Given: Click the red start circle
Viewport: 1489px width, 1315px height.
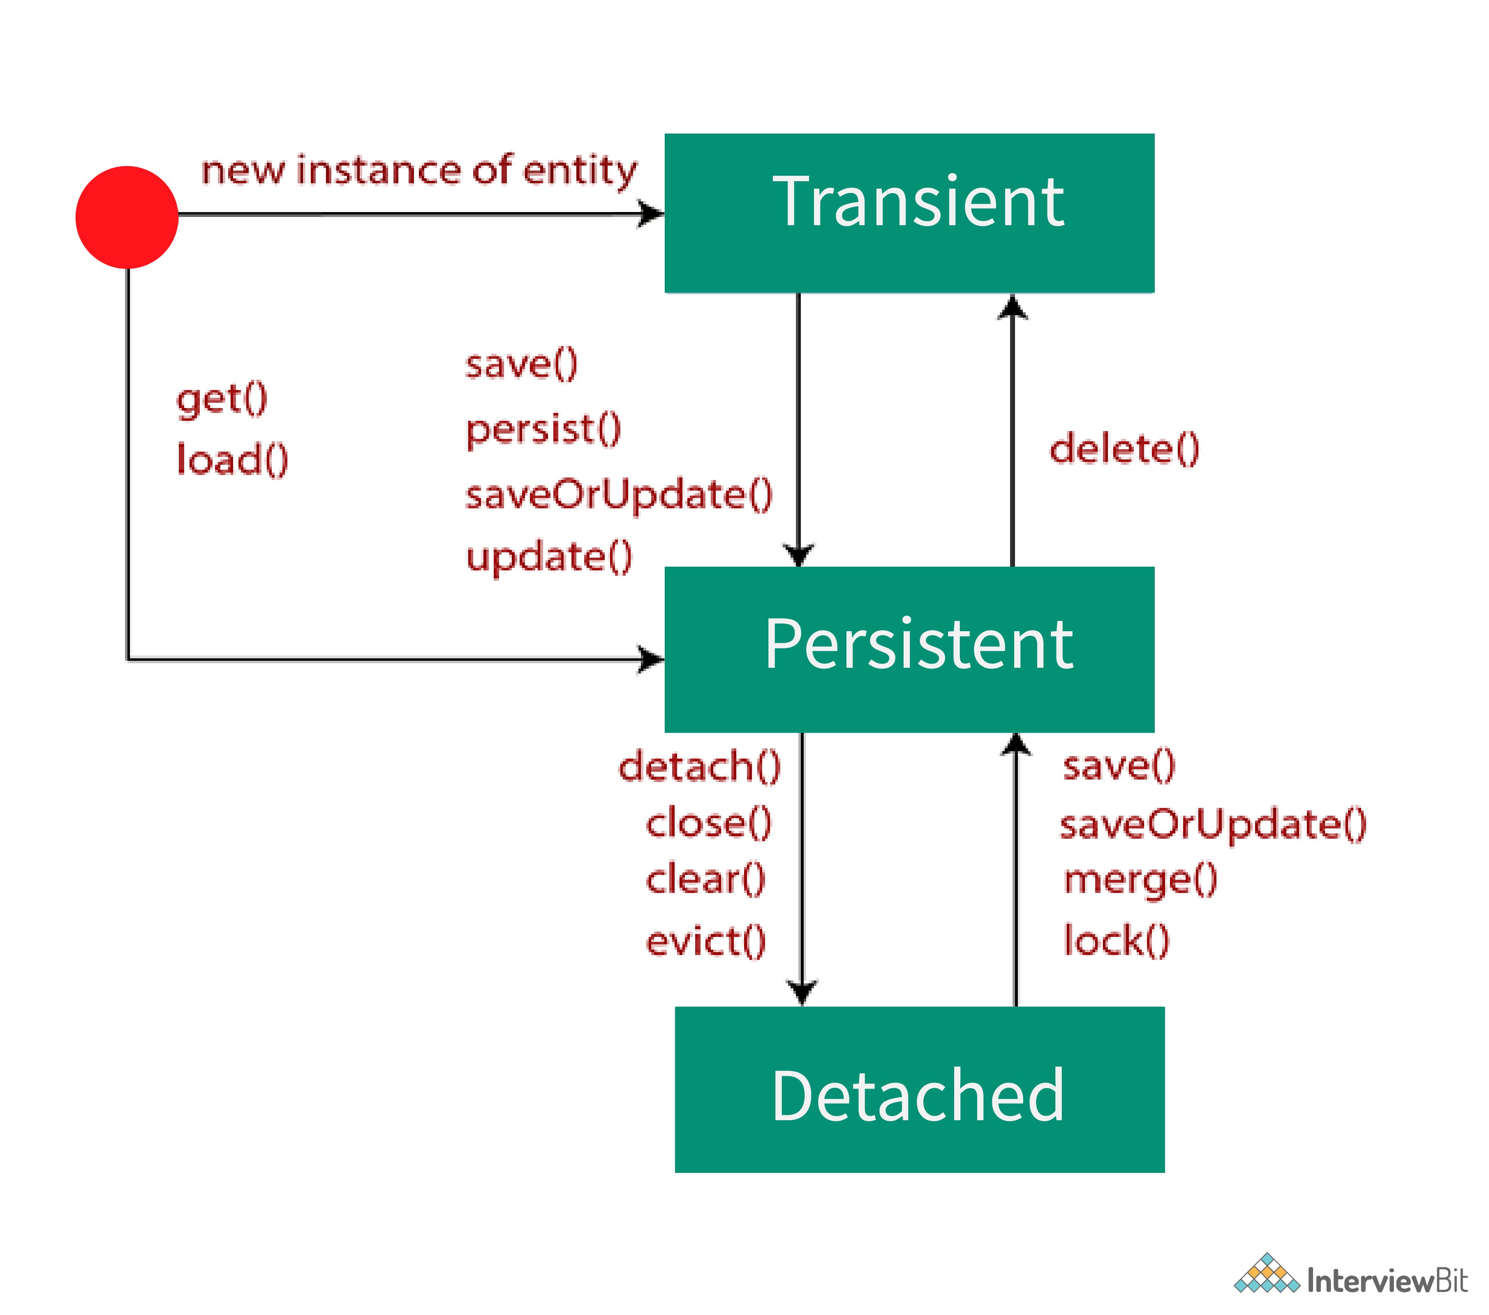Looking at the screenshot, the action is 127,217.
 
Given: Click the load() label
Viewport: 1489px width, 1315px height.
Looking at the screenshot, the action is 232,459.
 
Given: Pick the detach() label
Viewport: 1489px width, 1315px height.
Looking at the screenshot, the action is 699,767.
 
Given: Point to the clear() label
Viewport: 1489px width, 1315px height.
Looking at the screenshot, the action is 705,879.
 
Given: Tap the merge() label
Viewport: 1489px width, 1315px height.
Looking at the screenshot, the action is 1139,879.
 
